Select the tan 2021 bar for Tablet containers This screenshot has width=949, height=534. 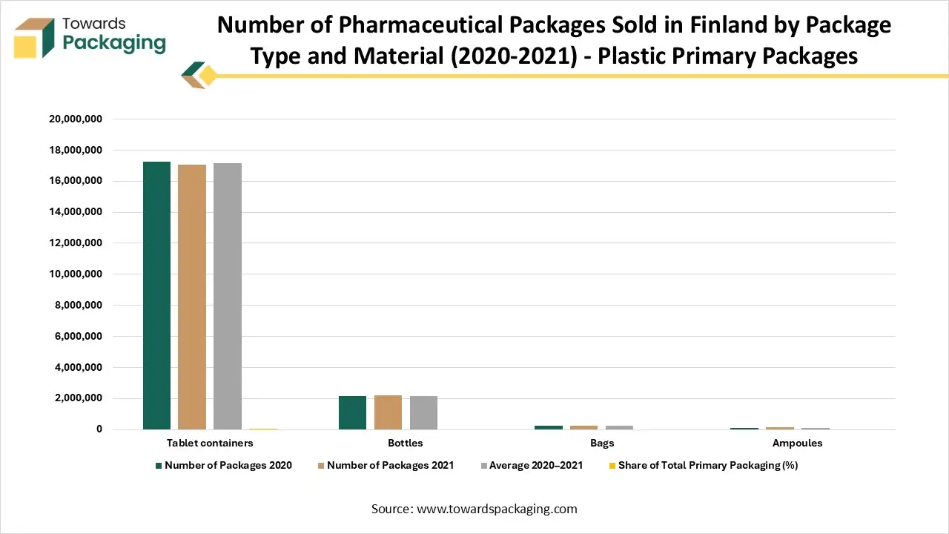(x=192, y=297)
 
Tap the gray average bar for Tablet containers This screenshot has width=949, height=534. (x=228, y=296)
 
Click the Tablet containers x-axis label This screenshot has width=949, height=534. (x=210, y=443)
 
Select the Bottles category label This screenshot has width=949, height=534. (x=406, y=443)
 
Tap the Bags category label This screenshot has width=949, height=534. (x=601, y=443)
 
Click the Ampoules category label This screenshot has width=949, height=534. (x=797, y=443)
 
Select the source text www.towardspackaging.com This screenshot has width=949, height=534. (x=497, y=509)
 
